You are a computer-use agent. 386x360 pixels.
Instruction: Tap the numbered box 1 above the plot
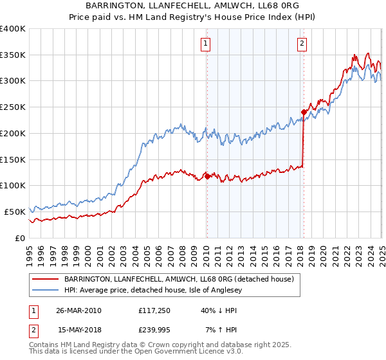tap(205, 44)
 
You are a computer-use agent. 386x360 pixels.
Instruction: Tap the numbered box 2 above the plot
tap(302, 44)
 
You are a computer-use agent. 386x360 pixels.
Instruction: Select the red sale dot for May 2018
tap(304, 112)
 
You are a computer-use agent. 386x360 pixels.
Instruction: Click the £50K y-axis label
tap(14, 212)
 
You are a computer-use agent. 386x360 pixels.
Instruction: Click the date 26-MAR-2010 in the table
tap(79, 310)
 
